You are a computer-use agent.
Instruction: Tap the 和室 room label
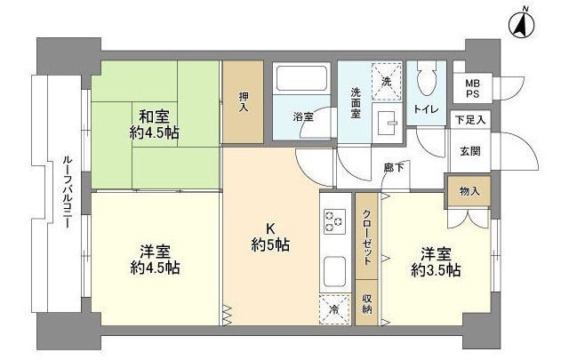point(156,115)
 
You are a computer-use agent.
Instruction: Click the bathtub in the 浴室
point(301,83)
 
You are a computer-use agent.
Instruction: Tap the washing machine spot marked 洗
point(386,78)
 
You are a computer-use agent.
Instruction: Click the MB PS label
point(471,89)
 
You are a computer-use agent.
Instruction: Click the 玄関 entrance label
point(470,151)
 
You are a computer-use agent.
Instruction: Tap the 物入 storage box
point(469,190)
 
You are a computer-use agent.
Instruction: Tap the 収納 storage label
point(366,303)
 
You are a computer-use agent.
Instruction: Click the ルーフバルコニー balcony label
point(67,192)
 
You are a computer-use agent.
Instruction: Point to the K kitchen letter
point(267,227)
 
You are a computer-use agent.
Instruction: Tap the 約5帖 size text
point(267,244)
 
